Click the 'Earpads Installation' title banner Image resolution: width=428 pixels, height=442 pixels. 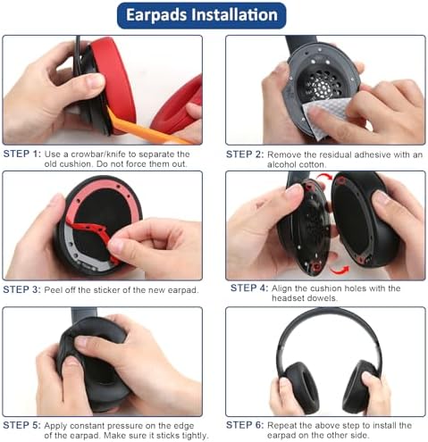[214, 15]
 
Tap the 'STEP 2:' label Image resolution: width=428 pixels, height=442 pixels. [244, 154]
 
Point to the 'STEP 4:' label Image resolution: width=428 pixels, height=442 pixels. [250, 288]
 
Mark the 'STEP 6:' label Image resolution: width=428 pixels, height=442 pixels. [244, 425]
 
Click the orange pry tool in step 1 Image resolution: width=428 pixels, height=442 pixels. [152, 131]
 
